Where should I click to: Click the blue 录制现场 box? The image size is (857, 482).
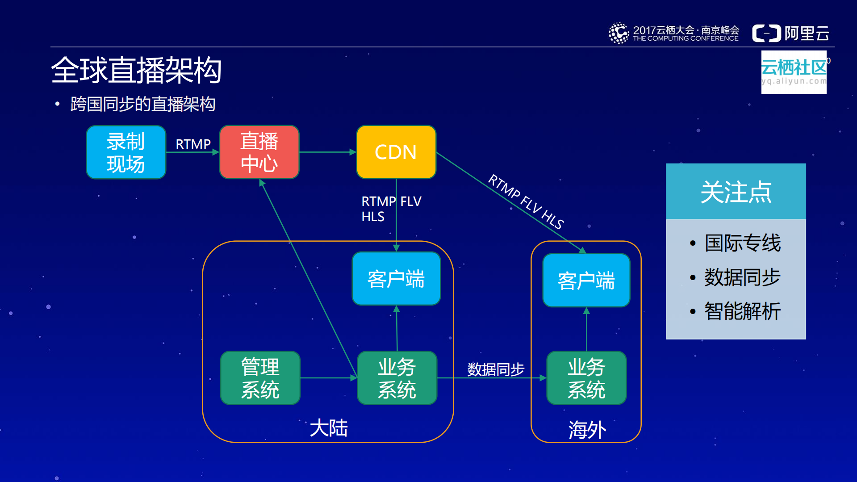[126, 152]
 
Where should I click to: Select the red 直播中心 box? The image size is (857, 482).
[259, 152]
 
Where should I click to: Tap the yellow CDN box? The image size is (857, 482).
[396, 152]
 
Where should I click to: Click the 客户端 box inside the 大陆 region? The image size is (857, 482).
[396, 279]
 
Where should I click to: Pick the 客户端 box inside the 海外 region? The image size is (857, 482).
[586, 281]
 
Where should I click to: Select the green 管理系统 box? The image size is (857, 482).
[260, 378]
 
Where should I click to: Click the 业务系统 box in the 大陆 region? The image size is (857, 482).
[397, 378]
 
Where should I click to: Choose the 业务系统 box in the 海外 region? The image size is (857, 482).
[586, 378]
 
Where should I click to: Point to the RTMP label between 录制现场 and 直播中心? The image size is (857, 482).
[193, 144]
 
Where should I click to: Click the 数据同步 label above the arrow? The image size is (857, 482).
[496, 369]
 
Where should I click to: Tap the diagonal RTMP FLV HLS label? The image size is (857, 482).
[526, 201]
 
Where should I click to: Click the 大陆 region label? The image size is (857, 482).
[329, 428]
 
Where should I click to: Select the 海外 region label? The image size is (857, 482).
[587, 430]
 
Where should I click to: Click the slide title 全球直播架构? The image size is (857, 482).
[136, 71]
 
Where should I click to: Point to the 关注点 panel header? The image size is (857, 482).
[736, 192]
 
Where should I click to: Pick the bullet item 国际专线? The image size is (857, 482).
[742, 243]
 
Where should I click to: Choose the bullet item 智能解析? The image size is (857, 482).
[742, 311]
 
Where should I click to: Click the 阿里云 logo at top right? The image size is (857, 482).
[790, 33]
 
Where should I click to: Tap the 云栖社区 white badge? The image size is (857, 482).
[794, 72]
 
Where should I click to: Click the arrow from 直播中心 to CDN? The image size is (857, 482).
[327, 152]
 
